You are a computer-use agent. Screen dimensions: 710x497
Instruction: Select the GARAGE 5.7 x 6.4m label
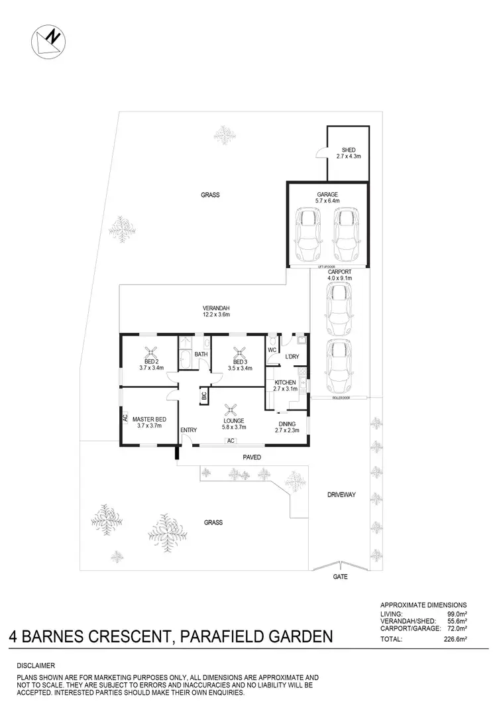click(x=327, y=197)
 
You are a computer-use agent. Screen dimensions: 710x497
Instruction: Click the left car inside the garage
click(x=309, y=235)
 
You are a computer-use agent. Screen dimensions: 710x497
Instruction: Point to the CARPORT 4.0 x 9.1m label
click(x=339, y=275)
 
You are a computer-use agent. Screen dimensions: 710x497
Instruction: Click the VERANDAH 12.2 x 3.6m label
click(x=216, y=312)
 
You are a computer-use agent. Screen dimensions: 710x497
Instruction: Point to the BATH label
click(x=201, y=355)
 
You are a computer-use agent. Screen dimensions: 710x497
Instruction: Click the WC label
click(x=272, y=349)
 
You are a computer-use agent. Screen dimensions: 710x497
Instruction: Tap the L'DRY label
click(x=292, y=357)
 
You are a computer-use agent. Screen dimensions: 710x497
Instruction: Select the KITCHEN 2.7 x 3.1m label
click(x=286, y=386)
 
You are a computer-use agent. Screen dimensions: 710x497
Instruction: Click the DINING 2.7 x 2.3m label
click(x=287, y=426)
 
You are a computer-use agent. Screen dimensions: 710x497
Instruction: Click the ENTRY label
click(x=188, y=430)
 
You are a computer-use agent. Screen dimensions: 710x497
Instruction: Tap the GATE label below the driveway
click(x=340, y=577)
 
